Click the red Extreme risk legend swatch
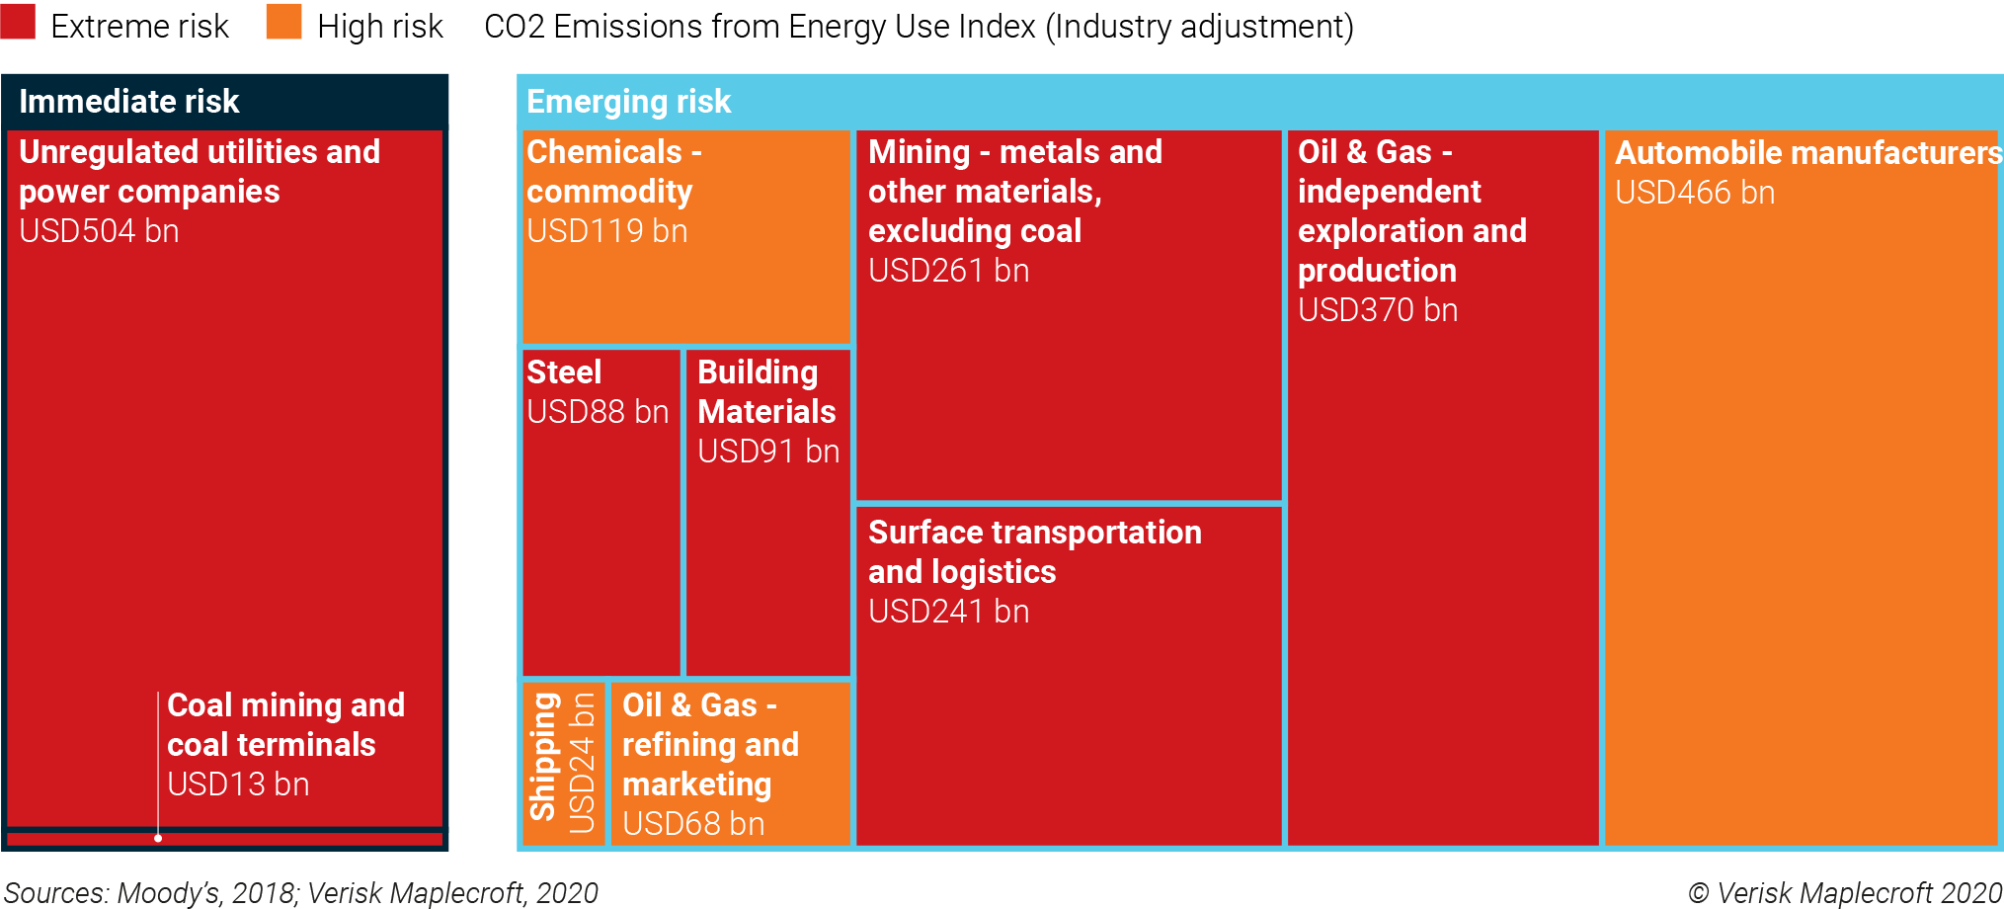[x=18, y=22]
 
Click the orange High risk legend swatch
[x=283, y=22]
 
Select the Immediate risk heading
[x=128, y=101]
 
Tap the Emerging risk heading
[x=628, y=101]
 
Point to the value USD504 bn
[x=99, y=231]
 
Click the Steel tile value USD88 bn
[x=598, y=412]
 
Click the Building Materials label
[x=766, y=391]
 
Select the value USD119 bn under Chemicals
[x=606, y=231]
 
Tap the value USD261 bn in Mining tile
[x=948, y=271]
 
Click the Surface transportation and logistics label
[x=1033, y=551]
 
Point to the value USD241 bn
[x=948, y=612]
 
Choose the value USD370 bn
[x=1377, y=310]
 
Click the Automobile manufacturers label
[x=1806, y=153]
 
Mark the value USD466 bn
[x=1694, y=193]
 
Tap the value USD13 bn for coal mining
[x=238, y=785]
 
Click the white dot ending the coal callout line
[x=158, y=838]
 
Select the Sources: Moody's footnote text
[x=300, y=893]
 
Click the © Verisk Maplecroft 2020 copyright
[x=1844, y=893]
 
